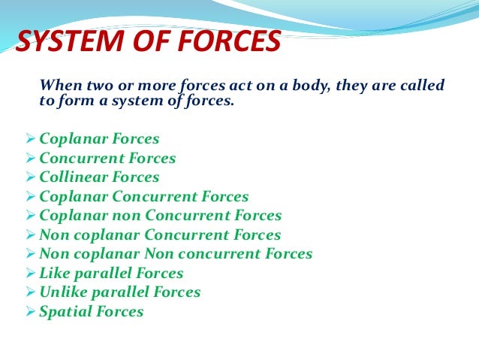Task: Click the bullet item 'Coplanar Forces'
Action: tap(98, 139)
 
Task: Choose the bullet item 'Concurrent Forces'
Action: tap(107, 159)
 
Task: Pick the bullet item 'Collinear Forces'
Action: tap(99, 177)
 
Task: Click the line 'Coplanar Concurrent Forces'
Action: tap(143, 197)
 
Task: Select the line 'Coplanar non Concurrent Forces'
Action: tap(160, 216)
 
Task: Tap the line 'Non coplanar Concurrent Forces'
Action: tap(160, 235)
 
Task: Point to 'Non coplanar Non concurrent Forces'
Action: tap(176, 254)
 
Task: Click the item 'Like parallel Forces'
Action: tap(111, 274)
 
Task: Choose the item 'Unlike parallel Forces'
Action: tap(119, 292)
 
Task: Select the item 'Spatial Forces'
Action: tap(91, 311)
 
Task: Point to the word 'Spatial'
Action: tap(64, 311)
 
